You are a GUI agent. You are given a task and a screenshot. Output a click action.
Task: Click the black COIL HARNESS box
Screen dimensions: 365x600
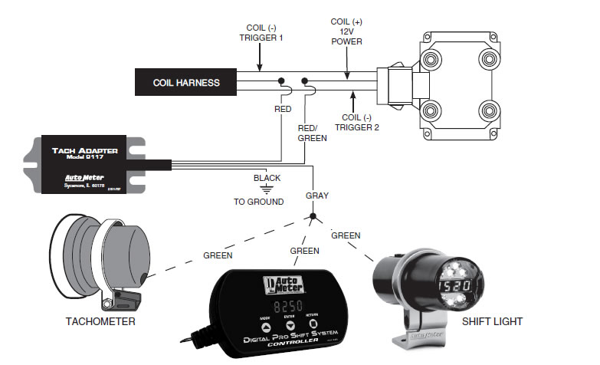pyautogui.click(x=185, y=83)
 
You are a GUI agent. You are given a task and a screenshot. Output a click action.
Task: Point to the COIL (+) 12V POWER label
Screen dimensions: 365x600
pyautogui.click(x=346, y=31)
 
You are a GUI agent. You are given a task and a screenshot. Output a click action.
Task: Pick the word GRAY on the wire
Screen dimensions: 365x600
pyautogui.click(x=316, y=196)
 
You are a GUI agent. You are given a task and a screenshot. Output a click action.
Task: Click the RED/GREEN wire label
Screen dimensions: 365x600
pyautogui.click(x=312, y=133)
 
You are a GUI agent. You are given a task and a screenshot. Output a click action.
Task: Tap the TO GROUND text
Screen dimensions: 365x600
pyautogui.click(x=259, y=202)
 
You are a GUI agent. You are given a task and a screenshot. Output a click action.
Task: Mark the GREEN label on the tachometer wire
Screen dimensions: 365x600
pyautogui.click(x=218, y=255)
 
